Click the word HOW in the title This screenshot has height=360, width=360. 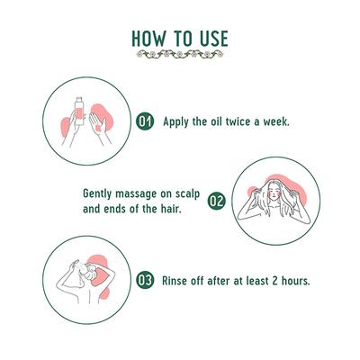(x=148, y=39)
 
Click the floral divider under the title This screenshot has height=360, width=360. (x=180, y=54)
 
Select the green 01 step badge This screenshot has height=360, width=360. (x=145, y=121)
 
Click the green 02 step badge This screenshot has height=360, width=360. (x=216, y=201)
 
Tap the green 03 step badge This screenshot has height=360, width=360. (x=145, y=281)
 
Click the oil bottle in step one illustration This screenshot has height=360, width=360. (x=79, y=112)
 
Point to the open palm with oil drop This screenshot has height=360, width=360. (x=98, y=126)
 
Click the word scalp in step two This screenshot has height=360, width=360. (x=187, y=194)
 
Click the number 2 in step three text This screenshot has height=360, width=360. (x=274, y=281)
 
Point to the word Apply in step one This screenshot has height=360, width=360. (x=175, y=122)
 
